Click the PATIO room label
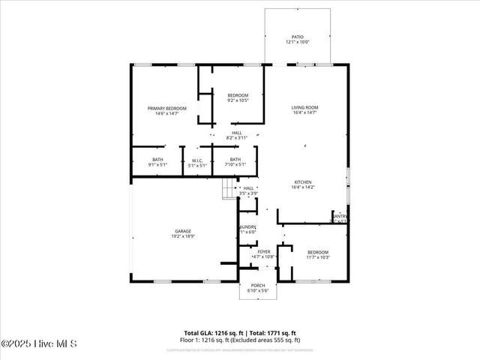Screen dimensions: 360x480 coord(298,37)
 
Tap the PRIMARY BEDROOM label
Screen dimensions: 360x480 coord(166,109)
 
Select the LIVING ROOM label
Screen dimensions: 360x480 coord(304,108)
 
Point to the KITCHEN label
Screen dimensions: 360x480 coord(303,182)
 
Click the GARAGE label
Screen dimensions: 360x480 coord(183,231)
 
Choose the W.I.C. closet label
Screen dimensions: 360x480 coord(197,160)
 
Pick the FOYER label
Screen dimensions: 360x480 coord(264,252)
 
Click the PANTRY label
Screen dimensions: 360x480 coord(340,216)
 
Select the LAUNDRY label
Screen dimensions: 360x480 coord(248,226)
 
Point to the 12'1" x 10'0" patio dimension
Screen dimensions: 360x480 coord(298,42)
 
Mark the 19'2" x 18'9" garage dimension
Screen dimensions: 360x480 coord(183,236)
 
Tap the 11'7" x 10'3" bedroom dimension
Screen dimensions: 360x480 coord(317,257)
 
